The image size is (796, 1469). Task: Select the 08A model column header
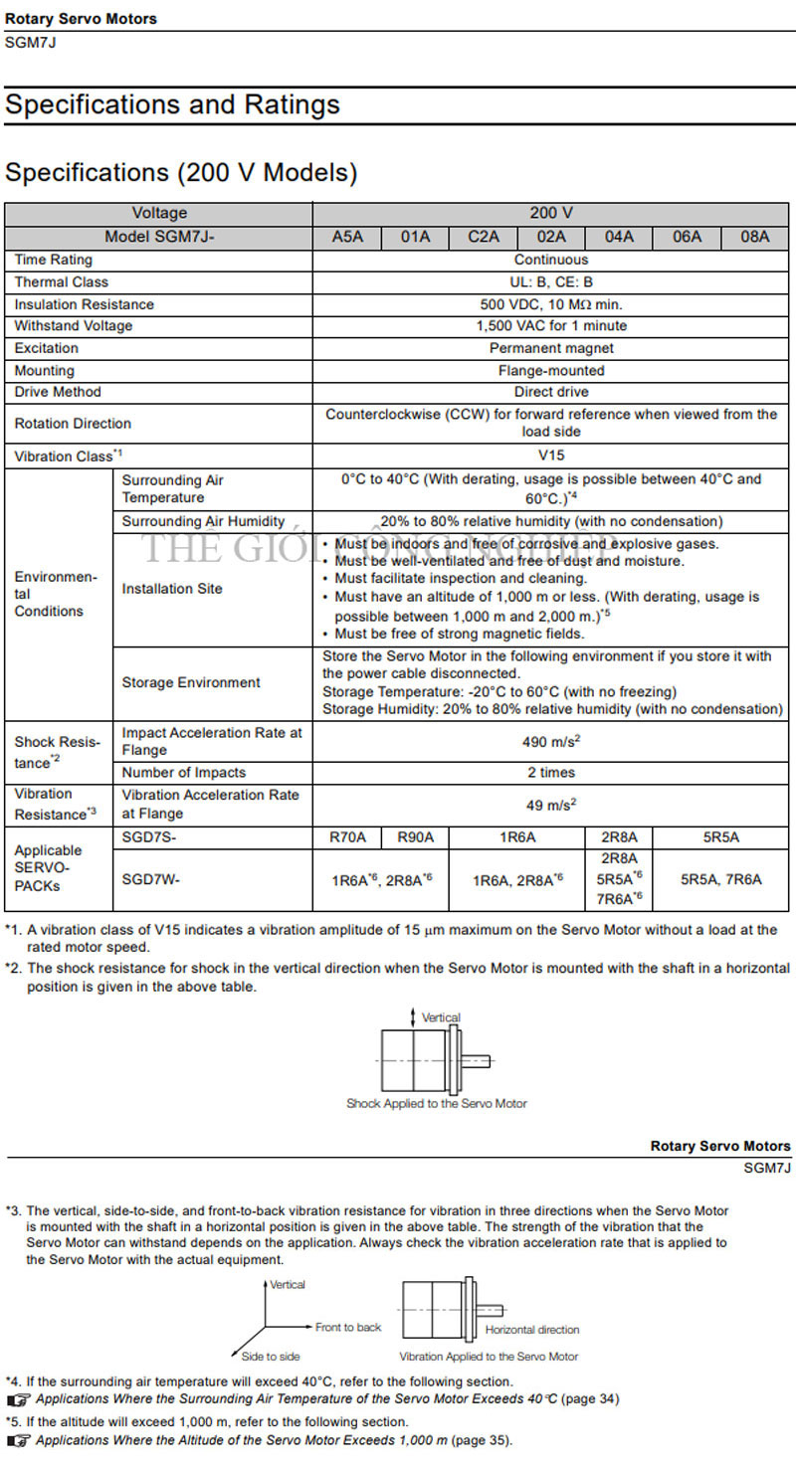[755, 238]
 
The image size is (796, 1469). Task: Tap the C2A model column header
[484, 238]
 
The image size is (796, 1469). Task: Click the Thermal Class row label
[62, 282]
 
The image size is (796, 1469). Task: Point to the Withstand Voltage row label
[74, 326]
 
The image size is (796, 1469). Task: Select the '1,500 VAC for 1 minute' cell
[551, 326]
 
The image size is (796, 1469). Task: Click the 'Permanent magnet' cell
[551, 348]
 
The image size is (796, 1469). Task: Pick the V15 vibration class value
[551, 456]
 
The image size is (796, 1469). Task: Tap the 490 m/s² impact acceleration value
[551, 741]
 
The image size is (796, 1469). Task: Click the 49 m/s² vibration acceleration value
[551, 804]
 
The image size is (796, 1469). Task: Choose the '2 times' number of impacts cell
[551, 773]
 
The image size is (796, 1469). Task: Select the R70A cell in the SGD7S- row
[347, 837]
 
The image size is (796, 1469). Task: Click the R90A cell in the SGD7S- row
[415, 837]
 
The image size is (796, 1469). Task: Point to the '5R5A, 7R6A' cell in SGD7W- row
[721, 879]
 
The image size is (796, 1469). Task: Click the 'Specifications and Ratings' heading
[173, 105]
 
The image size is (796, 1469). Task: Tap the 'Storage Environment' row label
[191, 683]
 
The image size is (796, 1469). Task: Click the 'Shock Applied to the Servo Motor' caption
[437, 1103]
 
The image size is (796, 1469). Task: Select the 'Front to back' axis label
[348, 1328]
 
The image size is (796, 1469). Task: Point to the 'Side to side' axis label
[271, 1357]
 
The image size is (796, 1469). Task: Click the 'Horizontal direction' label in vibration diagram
[532, 1330]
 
